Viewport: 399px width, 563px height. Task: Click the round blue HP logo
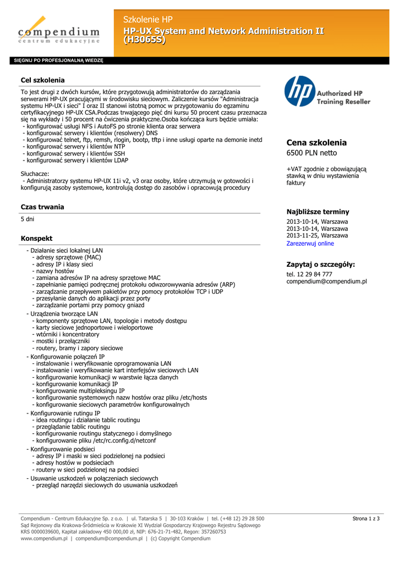pos(300,91)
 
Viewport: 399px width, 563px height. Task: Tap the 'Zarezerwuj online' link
pos(310,244)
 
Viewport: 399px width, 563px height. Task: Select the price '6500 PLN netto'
pos(311,153)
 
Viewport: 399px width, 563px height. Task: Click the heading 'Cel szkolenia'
pos(42,80)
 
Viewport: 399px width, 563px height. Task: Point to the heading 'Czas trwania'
pos(42,207)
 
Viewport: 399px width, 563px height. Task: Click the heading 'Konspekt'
pos(36,239)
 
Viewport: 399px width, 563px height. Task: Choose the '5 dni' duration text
pos(28,219)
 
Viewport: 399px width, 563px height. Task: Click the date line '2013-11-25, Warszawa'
pos(317,235)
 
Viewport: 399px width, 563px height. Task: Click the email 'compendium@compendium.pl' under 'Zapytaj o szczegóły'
pos(326,281)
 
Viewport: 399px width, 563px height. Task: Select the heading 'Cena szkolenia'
pos(316,142)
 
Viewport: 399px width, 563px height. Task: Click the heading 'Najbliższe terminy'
pos(318,212)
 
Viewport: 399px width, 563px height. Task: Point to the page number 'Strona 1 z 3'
pos(366,518)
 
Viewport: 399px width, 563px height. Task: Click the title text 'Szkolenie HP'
pos(148,20)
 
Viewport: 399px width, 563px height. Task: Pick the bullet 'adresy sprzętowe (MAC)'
pos(68,257)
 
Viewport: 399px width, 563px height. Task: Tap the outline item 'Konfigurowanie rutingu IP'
pos(65,413)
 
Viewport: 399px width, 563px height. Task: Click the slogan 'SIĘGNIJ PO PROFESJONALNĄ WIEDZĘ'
pos(58,60)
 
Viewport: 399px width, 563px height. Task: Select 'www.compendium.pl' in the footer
pos(44,539)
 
